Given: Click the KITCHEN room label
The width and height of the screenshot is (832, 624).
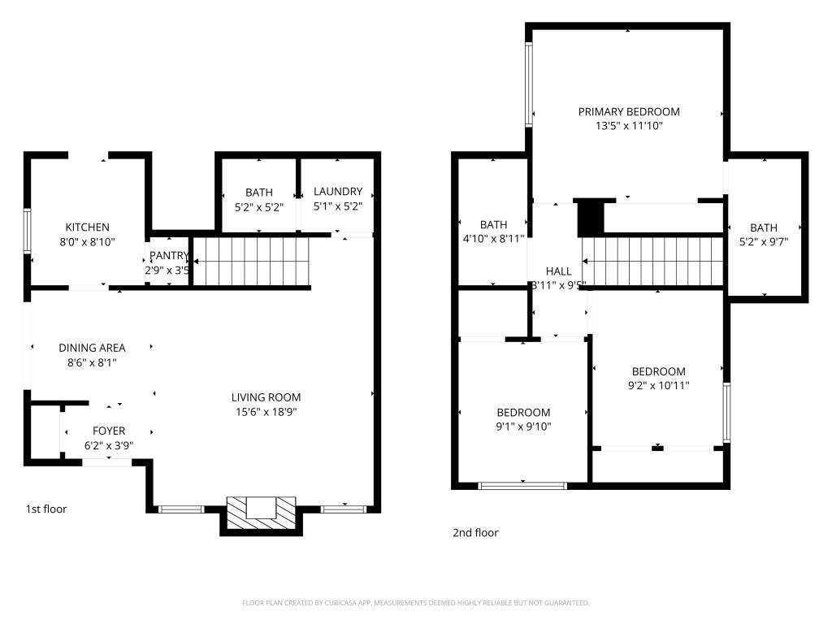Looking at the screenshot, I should point(87,227).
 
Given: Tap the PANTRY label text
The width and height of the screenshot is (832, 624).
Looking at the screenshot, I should point(169,256).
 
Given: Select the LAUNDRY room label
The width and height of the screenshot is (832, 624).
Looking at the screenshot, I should point(338,192).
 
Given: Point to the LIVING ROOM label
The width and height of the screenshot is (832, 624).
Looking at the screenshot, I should point(266,397).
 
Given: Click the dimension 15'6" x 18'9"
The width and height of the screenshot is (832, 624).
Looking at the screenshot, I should point(266,412).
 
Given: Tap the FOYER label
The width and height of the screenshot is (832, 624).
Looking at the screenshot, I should point(109,431).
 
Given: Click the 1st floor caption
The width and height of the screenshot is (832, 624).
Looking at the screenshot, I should point(46,509).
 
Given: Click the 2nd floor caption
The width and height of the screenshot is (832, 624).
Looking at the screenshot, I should point(475,533).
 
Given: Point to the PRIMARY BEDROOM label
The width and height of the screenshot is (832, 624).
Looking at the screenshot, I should point(629,111).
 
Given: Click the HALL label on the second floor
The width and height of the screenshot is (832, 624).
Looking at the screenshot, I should point(558,271).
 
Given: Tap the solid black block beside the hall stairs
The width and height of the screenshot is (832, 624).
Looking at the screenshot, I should point(591,218).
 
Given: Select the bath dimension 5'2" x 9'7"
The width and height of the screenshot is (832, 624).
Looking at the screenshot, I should point(763,241).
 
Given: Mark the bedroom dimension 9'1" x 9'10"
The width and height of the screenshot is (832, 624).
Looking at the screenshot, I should point(523,427).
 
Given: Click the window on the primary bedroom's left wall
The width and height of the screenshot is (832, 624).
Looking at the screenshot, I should point(529,84).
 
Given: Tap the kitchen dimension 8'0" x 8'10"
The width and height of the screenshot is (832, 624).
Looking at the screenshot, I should point(87,242).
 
